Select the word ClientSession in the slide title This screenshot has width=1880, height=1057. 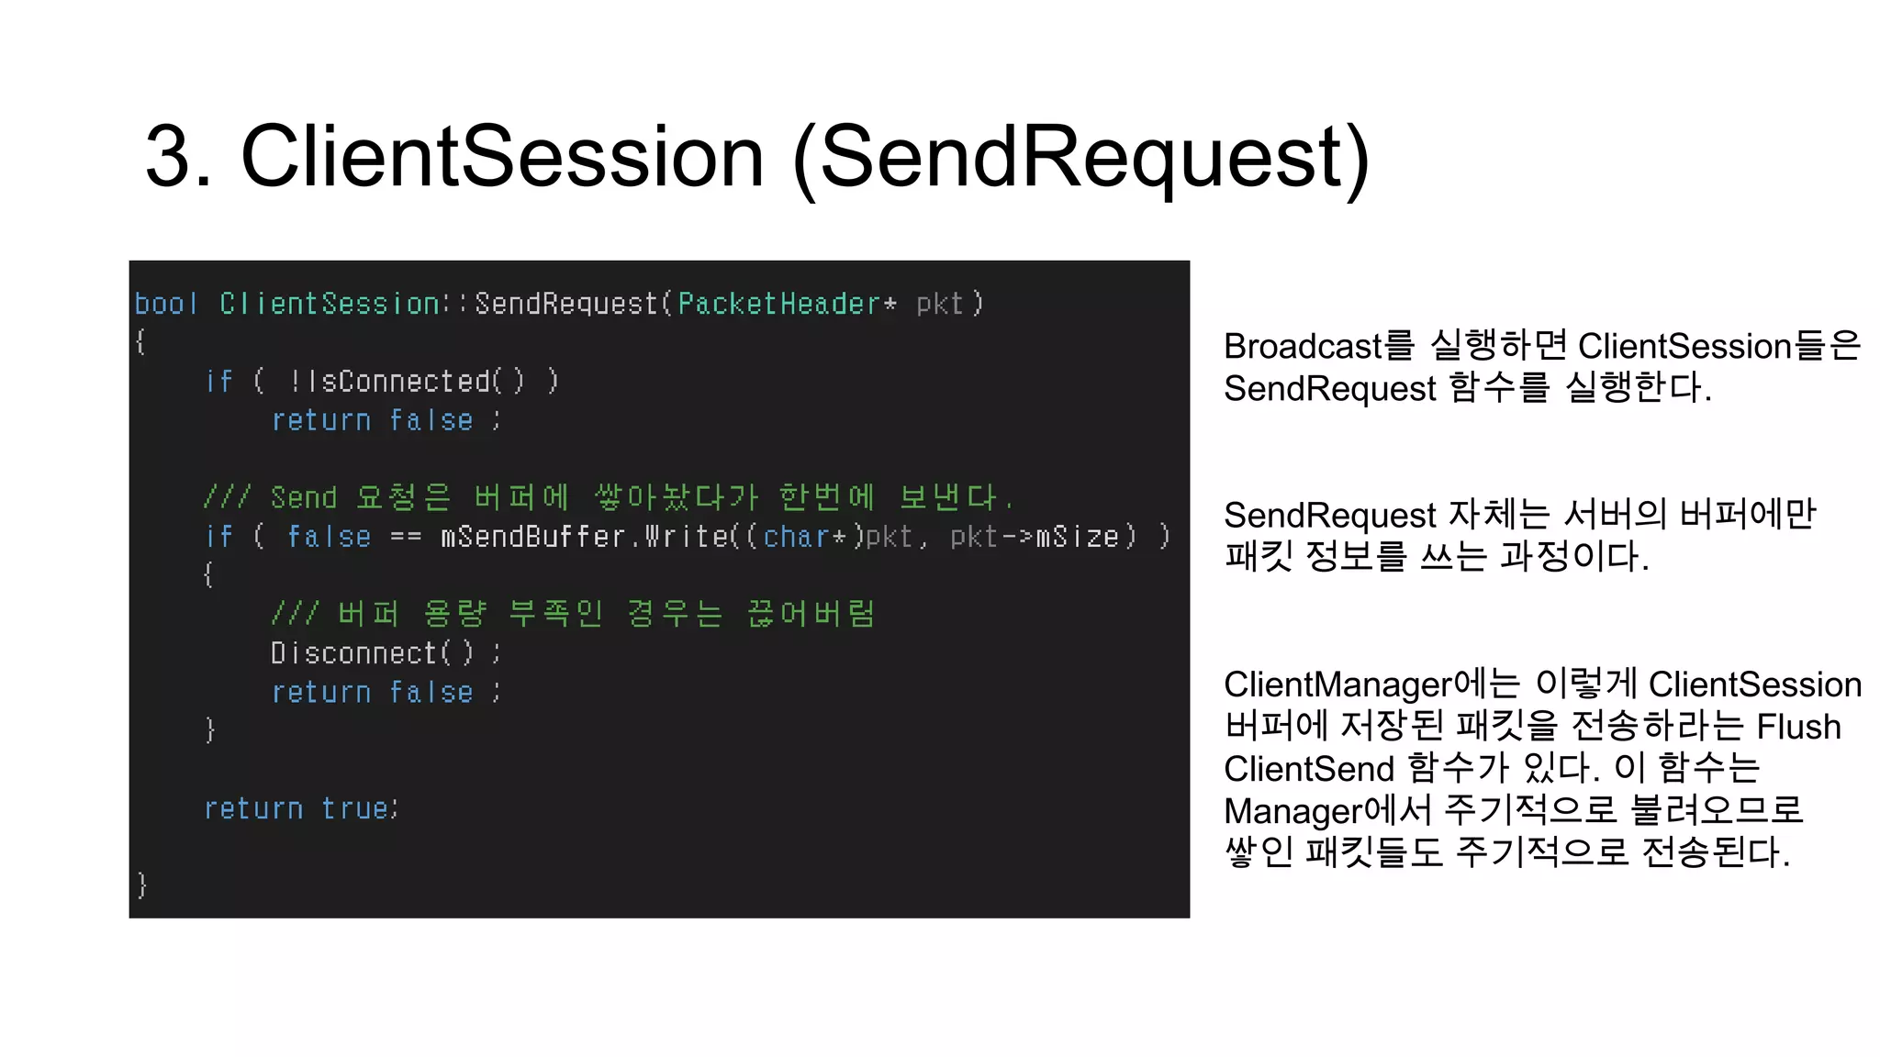point(502,157)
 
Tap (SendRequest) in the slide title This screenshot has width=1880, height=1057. point(1080,157)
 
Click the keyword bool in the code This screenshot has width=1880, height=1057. point(166,304)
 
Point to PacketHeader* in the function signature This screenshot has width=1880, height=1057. point(787,304)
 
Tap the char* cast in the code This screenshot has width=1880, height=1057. point(803,536)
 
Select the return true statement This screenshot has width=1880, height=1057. point(300,808)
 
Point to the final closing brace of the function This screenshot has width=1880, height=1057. point(141,885)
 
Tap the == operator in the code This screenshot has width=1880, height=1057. point(406,537)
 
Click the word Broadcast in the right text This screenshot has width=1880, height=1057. point(1303,347)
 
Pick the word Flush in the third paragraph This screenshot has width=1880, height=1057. point(1798,727)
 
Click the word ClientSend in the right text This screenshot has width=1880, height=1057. point(1309,769)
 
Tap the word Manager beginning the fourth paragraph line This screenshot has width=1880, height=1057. point(1293,811)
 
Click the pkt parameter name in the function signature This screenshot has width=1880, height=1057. point(939,304)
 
